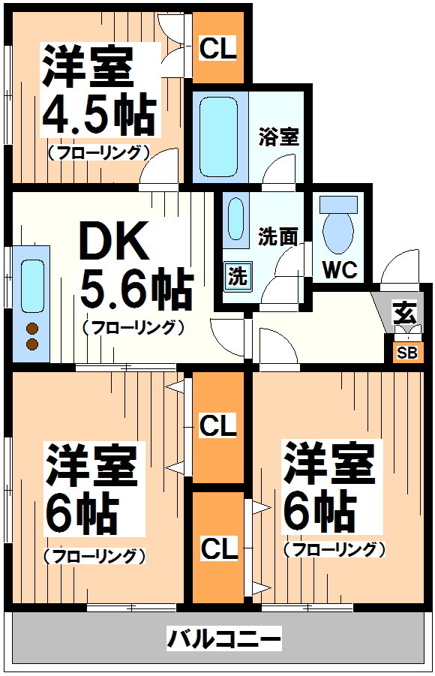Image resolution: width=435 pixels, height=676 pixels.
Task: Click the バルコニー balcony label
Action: [x=224, y=638]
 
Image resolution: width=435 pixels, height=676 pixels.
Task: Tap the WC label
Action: [x=340, y=270]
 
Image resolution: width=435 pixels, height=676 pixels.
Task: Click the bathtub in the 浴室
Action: [x=219, y=137]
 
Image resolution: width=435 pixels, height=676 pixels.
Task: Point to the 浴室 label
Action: [x=278, y=137]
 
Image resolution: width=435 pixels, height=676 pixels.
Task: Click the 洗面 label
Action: [x=278, y=236]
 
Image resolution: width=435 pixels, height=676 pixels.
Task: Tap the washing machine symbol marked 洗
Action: [x=237, y=275]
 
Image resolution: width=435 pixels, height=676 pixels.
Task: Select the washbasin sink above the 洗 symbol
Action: [x=235, y=218]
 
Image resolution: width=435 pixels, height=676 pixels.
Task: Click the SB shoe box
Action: [x=407, y=353]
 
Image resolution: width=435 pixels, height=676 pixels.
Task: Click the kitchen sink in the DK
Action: [x=33, y=286]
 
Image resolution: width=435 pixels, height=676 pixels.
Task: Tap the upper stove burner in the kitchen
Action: [x=32, y=329]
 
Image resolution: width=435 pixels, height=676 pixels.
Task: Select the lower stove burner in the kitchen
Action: [x=32, y=344]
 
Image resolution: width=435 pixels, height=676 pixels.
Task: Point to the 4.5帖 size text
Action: [x=98, y=114]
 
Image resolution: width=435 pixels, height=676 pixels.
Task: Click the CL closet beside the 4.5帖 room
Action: [x=218, y=47]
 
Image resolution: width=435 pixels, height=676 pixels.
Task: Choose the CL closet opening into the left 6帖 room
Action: [x=218, y=427]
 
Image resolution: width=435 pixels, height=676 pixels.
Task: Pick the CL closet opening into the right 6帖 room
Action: [x=218, y=548]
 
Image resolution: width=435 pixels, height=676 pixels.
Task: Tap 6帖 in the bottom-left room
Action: [x=82, y=513]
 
